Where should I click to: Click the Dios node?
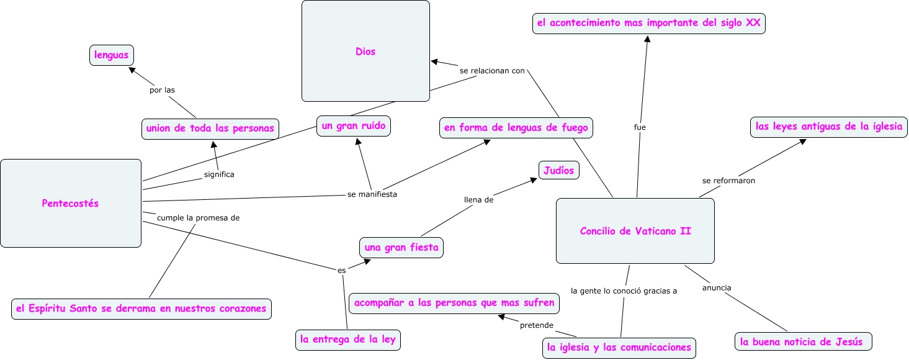tap(365, 52)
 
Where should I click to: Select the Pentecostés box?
tap(70, 203)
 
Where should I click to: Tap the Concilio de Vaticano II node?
tap(635, 231)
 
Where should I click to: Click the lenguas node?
tap(112, 55)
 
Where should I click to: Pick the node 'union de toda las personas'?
tap(210, 128)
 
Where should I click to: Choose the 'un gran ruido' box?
tap(353, 126)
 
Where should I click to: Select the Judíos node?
tap(558, 169)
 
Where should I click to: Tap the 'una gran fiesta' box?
tap(401, 248)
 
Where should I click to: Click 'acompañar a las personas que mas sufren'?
tap(454, 304)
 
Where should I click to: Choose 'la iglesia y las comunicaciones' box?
tap(619, 348)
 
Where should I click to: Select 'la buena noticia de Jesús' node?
tap(804, 341)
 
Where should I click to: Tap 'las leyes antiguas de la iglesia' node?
tap(828, 127)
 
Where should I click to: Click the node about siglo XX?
tap(648, 24)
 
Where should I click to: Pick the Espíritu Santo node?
tap(141, 308)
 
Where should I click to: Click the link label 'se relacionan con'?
tap(492, 71)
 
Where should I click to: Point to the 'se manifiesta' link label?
tap(372, 194)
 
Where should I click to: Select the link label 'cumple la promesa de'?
tap(198, 218)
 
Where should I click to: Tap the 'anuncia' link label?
tap(717, 288)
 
